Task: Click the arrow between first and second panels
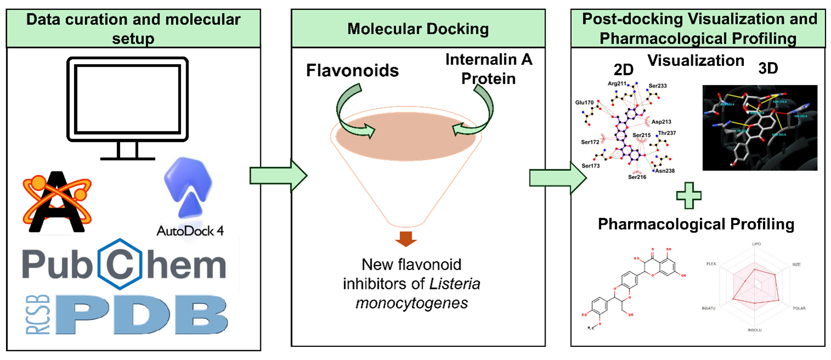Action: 277,176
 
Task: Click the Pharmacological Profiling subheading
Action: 696,224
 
